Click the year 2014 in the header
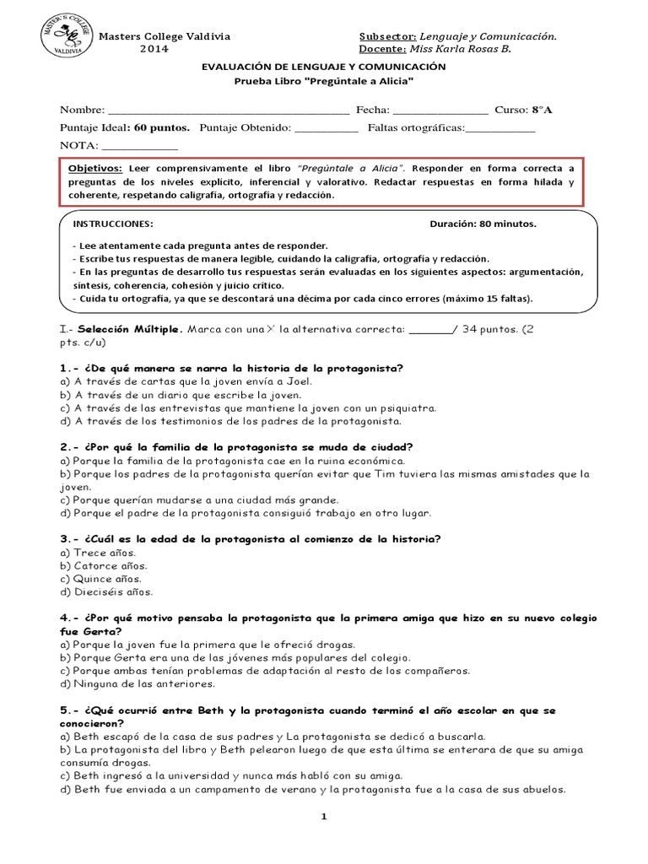(x=154, y=49)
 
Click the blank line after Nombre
(x=229, y=111)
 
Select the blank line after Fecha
(x=440, y=111)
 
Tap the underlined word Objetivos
(x=94, y=168)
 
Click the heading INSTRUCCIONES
(x=113, y=224)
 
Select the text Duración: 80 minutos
(x=483, y=224)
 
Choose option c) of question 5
(x=230, y=775)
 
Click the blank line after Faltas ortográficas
(x=500, y=127)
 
